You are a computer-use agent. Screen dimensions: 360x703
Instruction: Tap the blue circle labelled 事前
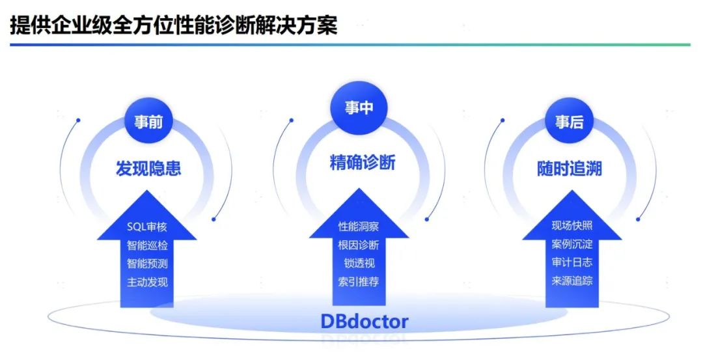tap(148, 122)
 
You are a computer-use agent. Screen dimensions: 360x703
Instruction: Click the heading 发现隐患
tap(148, 169)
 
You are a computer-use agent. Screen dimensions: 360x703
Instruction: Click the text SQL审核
tap(147, 227)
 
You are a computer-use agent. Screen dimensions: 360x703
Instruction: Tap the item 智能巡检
tap(147, 245)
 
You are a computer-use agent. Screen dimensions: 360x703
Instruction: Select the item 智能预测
tap(147, 264)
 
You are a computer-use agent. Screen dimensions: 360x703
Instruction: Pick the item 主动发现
tap(147, 282)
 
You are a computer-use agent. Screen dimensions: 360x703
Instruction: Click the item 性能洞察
tap(358, 227)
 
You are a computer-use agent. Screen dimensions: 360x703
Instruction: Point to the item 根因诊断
tap(358, 245)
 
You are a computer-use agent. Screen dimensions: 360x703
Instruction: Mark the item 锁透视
tap(359, 263)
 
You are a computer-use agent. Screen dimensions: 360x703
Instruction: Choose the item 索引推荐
tap(358, 281)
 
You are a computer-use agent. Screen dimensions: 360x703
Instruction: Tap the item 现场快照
tap(572, 226)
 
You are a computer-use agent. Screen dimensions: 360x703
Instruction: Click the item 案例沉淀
tap(572, 244)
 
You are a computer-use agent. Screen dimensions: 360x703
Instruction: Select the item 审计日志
tap(572, 262)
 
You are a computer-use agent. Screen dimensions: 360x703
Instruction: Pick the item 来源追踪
tap(572, 281)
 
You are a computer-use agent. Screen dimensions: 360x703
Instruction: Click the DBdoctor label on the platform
tap(364, 321)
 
